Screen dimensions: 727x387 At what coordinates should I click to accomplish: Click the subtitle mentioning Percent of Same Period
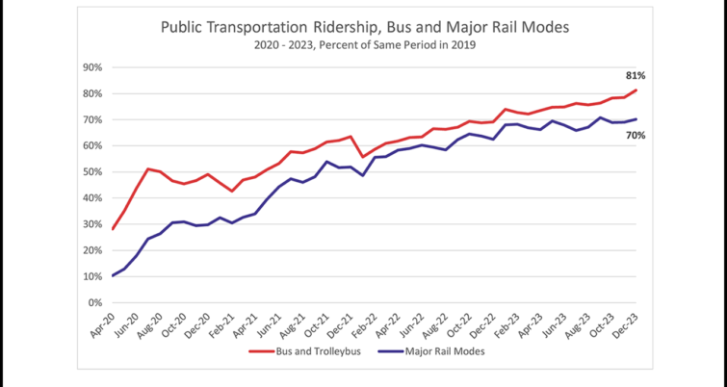(364, 45)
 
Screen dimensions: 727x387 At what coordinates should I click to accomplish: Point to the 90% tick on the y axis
(92, 67)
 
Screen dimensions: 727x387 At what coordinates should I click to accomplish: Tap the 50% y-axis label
(92, 172)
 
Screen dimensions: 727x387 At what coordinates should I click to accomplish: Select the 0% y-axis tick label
(95, 302)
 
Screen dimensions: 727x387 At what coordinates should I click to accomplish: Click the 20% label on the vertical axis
(92, 250)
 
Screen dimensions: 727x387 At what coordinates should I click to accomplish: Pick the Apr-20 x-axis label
(102, 324)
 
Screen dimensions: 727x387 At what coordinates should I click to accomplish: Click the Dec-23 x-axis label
(627, 324)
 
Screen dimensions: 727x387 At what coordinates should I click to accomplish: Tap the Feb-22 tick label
(365, 324)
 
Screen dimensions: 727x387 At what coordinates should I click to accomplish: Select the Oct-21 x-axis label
(317, 324)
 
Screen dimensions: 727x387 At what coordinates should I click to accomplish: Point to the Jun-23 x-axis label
(555, 324)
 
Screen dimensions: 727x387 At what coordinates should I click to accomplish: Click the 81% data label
(636, 75)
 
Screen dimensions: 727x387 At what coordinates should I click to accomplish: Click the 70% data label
(636, 136)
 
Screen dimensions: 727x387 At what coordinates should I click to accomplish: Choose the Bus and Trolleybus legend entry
(304, 351)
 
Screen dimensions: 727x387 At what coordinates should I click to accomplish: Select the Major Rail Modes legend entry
(431, 351)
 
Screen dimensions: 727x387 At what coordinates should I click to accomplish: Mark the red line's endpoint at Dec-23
(636, 90)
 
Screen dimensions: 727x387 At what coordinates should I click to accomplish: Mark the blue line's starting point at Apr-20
(113, 275)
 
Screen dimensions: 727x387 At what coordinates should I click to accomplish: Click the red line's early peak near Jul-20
(148, 168)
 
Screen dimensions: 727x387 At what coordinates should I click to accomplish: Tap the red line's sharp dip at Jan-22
(363, 157)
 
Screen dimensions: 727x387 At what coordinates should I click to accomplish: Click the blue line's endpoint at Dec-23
(636, 119)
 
